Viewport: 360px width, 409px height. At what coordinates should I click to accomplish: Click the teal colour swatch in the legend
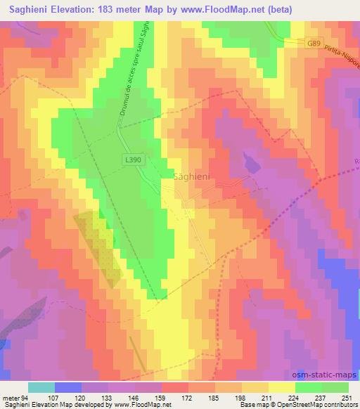coord(41,387)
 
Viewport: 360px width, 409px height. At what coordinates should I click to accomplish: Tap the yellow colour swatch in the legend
coord(280,387)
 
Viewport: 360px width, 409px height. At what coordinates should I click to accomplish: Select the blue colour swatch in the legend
coord(67,387)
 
